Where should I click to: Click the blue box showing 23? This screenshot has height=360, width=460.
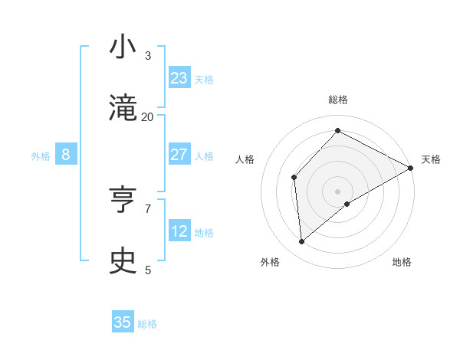click(x=179, y=77)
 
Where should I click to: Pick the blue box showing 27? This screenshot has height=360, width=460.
click(x=179, y=155)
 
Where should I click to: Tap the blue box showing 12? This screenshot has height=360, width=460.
click(x=179, y=231)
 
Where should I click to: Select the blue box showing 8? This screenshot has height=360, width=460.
click(x=66, y=155)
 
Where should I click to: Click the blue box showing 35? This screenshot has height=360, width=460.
click(x=123, y=322)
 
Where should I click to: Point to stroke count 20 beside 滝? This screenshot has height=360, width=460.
click(x=147, y=117)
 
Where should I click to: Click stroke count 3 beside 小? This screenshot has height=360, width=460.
click(x=147, y=56)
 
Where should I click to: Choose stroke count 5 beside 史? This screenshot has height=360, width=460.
click(x=147, y=270)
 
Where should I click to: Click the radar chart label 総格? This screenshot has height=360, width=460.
click(x=338, y=100)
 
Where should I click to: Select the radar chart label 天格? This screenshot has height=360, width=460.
click(x=431, y=159)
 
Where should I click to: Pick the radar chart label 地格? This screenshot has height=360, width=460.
click(x=402, y=262)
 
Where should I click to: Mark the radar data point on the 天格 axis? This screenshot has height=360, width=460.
click(x=411, y=168)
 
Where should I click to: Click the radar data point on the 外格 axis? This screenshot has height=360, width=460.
click(x=302, y=242)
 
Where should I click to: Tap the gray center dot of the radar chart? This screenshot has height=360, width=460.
click(x=338, y=191)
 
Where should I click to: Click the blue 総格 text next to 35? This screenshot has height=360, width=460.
click(x=147, y=324)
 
